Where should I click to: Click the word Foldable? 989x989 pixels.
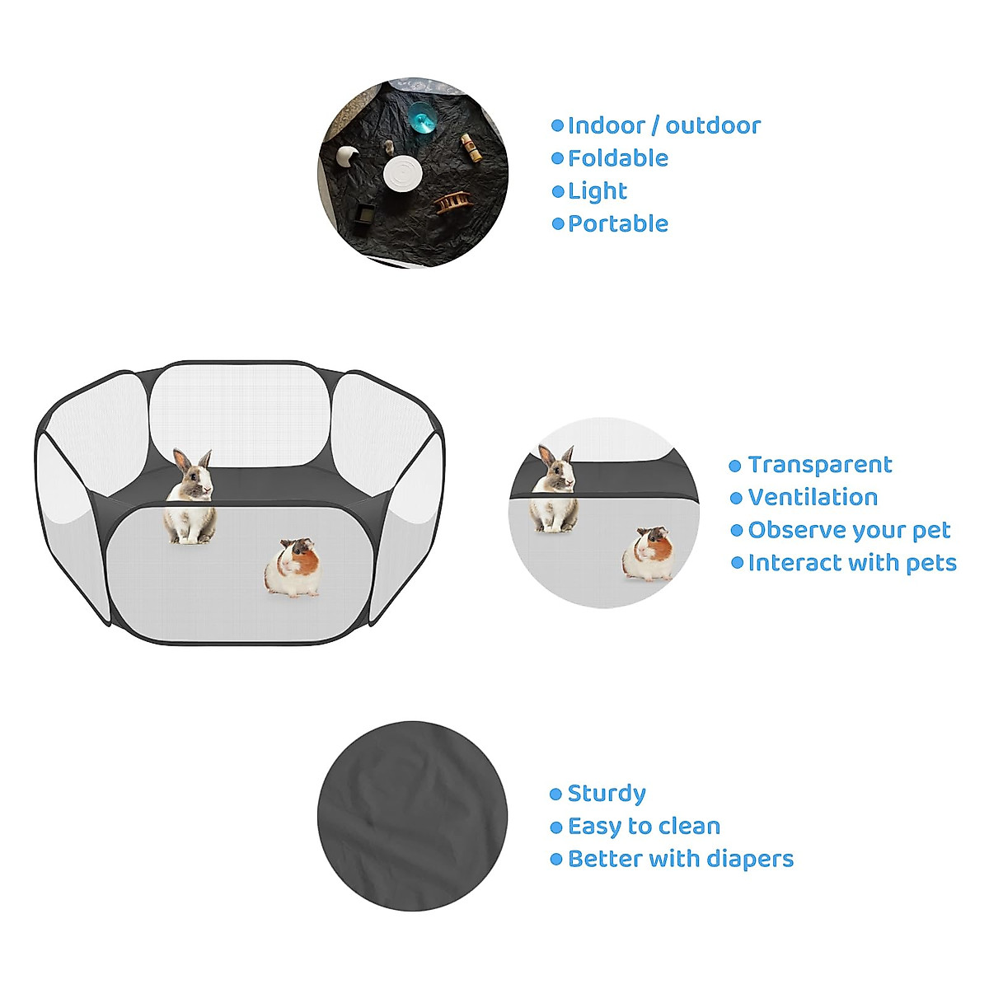tap(617, 158)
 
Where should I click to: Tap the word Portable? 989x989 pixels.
tap(617, 223)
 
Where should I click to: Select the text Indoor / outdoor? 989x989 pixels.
tap(663, 125)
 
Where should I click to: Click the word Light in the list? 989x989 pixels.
tap(598, 191)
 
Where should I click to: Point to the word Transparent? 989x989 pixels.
tap(819, 465)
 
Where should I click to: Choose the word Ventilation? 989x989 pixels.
tap(813, 498)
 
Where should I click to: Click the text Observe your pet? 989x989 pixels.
tap(849, 530)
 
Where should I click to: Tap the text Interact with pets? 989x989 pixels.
tap(852, 563)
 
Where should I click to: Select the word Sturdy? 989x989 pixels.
tap(607, 794)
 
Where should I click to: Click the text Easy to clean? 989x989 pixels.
tap(644, 826)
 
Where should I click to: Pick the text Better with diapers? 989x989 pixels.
tap(680, 859)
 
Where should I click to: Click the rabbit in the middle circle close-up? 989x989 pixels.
tap(555, 490)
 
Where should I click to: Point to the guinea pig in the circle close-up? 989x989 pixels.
tap(648, 554)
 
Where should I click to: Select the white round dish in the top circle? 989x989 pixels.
tap(404, 174)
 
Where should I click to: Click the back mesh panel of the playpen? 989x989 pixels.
tap(240, 412)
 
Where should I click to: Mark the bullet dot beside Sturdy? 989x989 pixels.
tap(555, 794)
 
